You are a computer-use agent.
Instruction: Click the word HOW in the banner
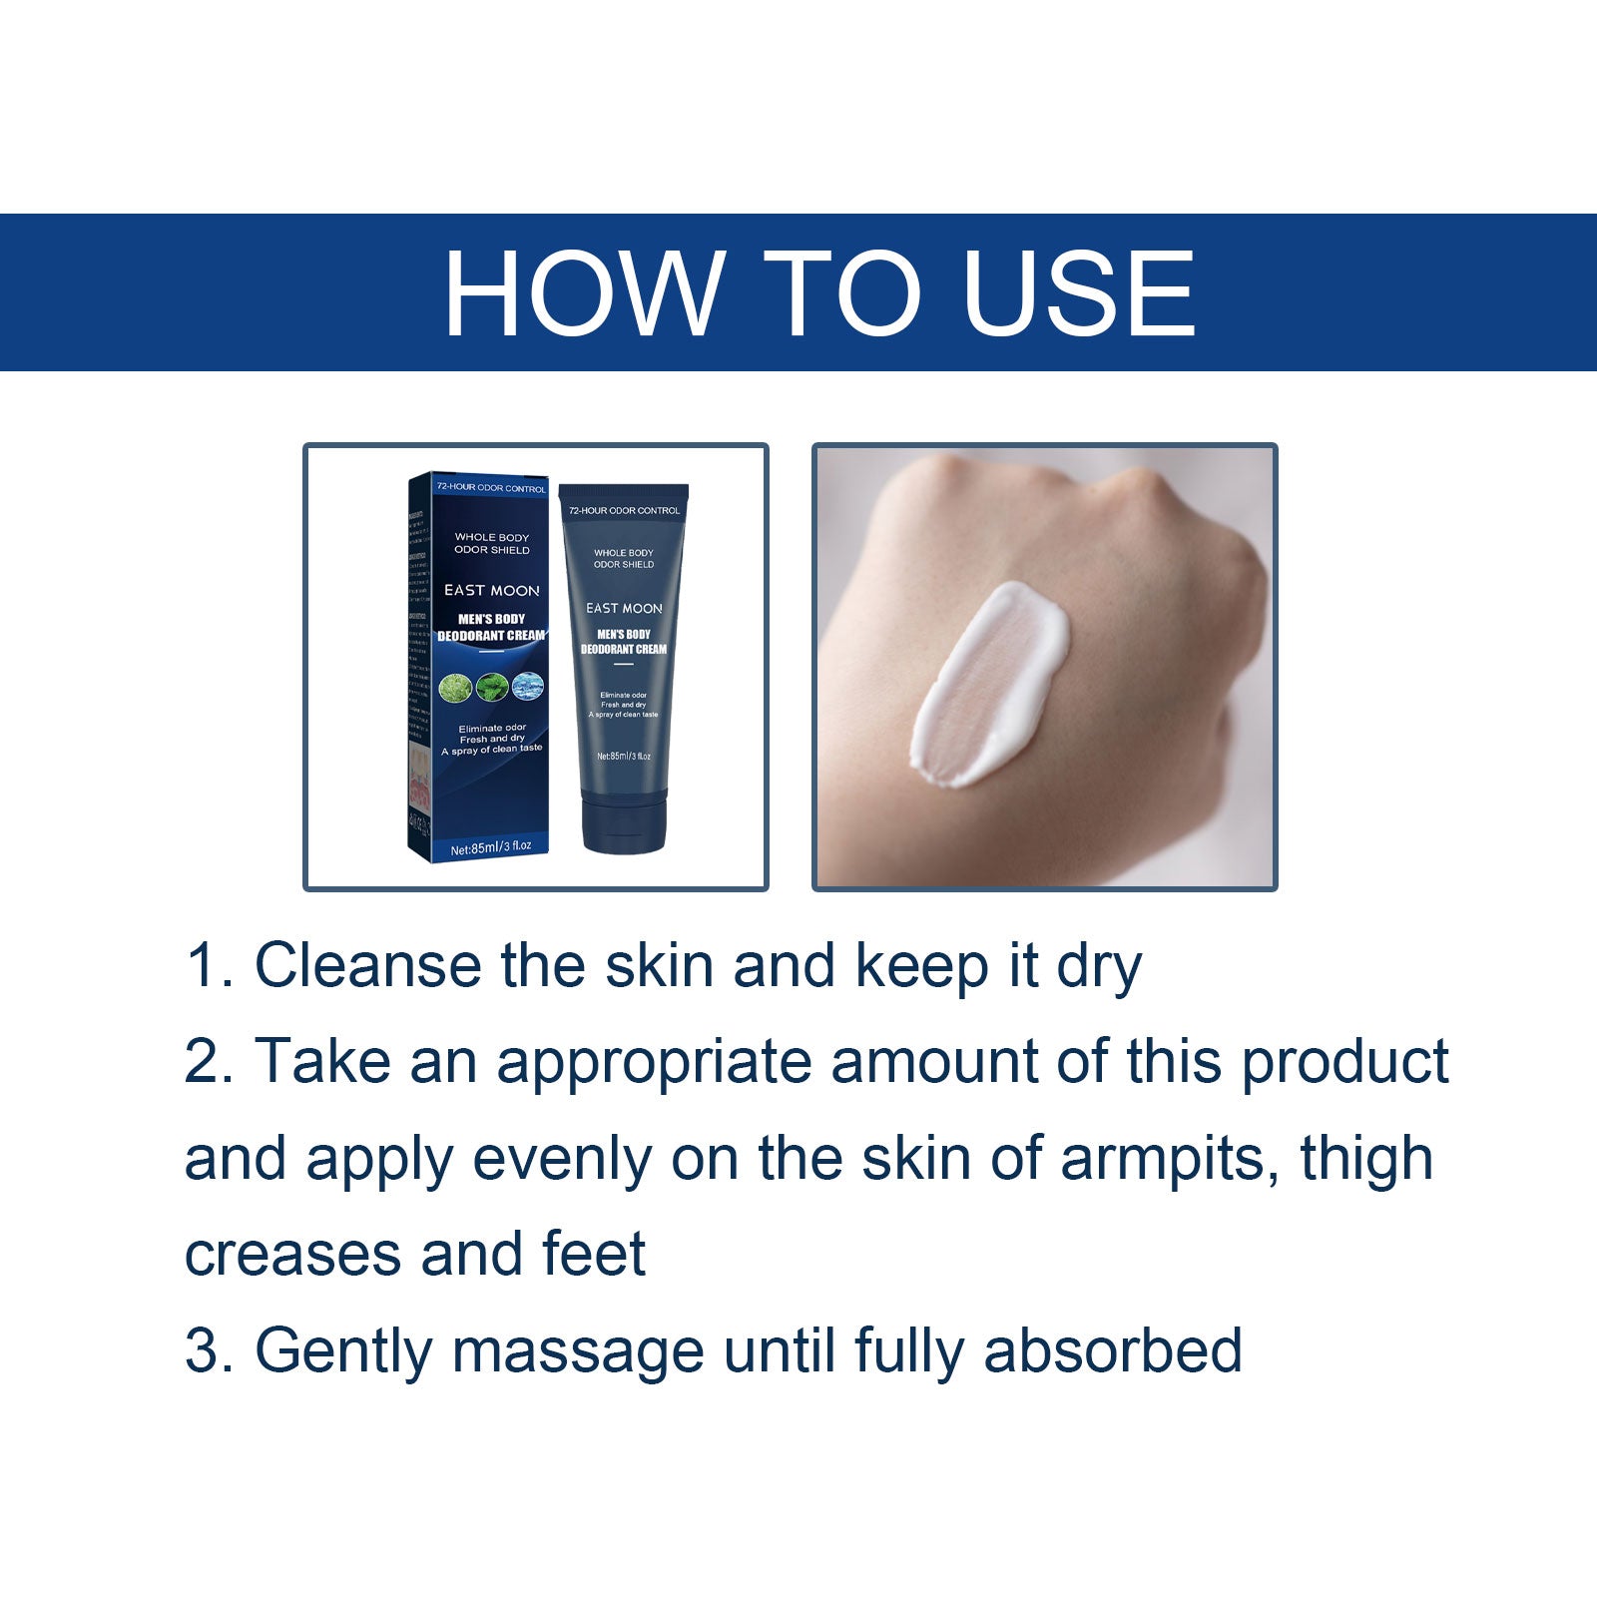[x=583, y=293]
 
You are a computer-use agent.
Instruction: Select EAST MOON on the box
[x=491, y=590]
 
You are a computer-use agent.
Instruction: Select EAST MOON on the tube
[x=624, y=608]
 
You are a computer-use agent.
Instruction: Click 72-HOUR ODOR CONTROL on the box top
[x=491, y=488]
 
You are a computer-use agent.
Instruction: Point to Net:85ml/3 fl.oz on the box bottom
[x=490, y=847]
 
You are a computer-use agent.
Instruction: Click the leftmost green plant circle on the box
[x=455, y=687]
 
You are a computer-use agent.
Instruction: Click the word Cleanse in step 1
[x=366, y=965]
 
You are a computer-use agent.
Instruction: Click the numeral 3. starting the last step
[x=208, y=1350]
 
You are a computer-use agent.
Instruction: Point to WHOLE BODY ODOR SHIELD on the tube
[x=624, y=558]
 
